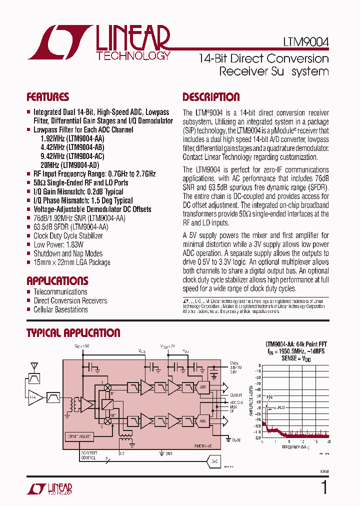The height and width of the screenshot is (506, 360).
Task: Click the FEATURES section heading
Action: click(x=47, y=97)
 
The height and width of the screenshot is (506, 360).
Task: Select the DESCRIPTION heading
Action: click(x=211, y=97)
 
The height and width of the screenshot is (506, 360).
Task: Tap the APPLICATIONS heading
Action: click(x=57, y=280)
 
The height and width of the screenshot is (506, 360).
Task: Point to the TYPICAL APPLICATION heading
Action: click(x=73, y=333)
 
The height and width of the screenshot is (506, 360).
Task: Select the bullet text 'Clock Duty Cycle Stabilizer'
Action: click(x=68, y=235)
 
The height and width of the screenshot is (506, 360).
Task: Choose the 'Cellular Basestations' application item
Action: click(x=60, y=309)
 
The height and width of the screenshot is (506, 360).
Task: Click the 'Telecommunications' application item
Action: click(x=60, y=291)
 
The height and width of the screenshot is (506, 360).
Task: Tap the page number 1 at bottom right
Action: click(x=323, y=487)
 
